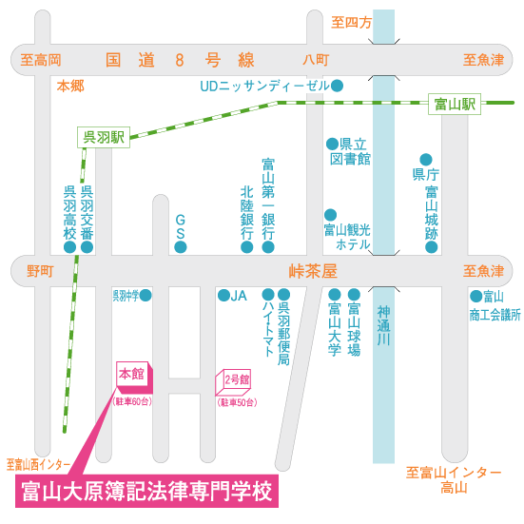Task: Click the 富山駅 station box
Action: tap(455, 104)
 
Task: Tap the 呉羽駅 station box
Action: tap(104, 137)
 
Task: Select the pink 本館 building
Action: tap(134, 378)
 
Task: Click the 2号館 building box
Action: tap(233, 382)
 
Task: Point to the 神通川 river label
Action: tap(383, 325)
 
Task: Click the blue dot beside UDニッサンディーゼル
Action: tap(337, 86)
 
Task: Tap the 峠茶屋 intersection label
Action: tap(313, 271)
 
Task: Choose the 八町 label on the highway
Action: tap(316, 60)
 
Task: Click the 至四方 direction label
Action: tap(351, 23)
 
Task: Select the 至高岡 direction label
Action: tap(41, 60)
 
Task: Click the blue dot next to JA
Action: tap(223, 295)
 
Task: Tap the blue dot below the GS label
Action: tap(181, 247)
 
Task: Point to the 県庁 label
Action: tap(426, 174)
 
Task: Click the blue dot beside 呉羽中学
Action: tap(146, 295)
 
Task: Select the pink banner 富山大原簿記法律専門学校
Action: tap(146, 491)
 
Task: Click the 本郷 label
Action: tap(70, 87)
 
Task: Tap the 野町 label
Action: tap(40, 271)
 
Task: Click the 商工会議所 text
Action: tap(495, 315)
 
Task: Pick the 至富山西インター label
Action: tap(38, 464)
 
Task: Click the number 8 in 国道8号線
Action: tap(180, 60)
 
